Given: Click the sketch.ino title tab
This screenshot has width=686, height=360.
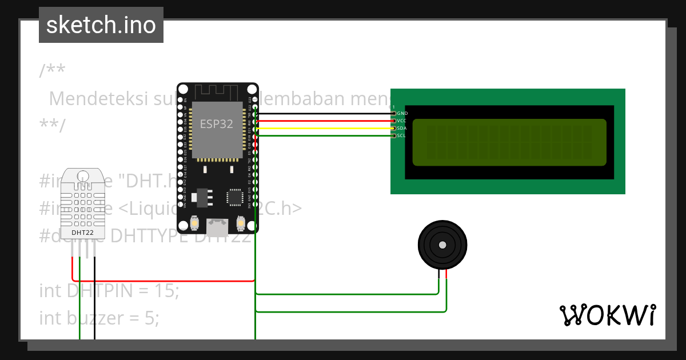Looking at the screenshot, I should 101,25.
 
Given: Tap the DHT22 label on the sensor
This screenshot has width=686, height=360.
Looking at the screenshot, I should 83,233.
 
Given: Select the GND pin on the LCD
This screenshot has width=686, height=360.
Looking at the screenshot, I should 393,114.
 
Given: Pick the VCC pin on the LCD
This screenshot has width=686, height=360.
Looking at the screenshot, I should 393,121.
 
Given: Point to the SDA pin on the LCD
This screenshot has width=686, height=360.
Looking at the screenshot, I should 393,129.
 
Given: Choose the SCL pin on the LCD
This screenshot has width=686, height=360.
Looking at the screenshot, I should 393,135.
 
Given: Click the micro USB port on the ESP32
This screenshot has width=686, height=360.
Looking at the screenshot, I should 217,227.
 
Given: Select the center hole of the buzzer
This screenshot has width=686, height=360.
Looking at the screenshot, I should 442,245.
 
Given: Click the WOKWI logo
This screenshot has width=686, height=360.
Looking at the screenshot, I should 607,315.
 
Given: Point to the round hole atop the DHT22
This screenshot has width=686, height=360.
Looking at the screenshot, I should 83,175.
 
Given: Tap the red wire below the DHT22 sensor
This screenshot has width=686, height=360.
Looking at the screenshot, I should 73,269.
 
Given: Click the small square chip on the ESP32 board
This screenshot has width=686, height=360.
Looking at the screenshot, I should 235,197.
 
